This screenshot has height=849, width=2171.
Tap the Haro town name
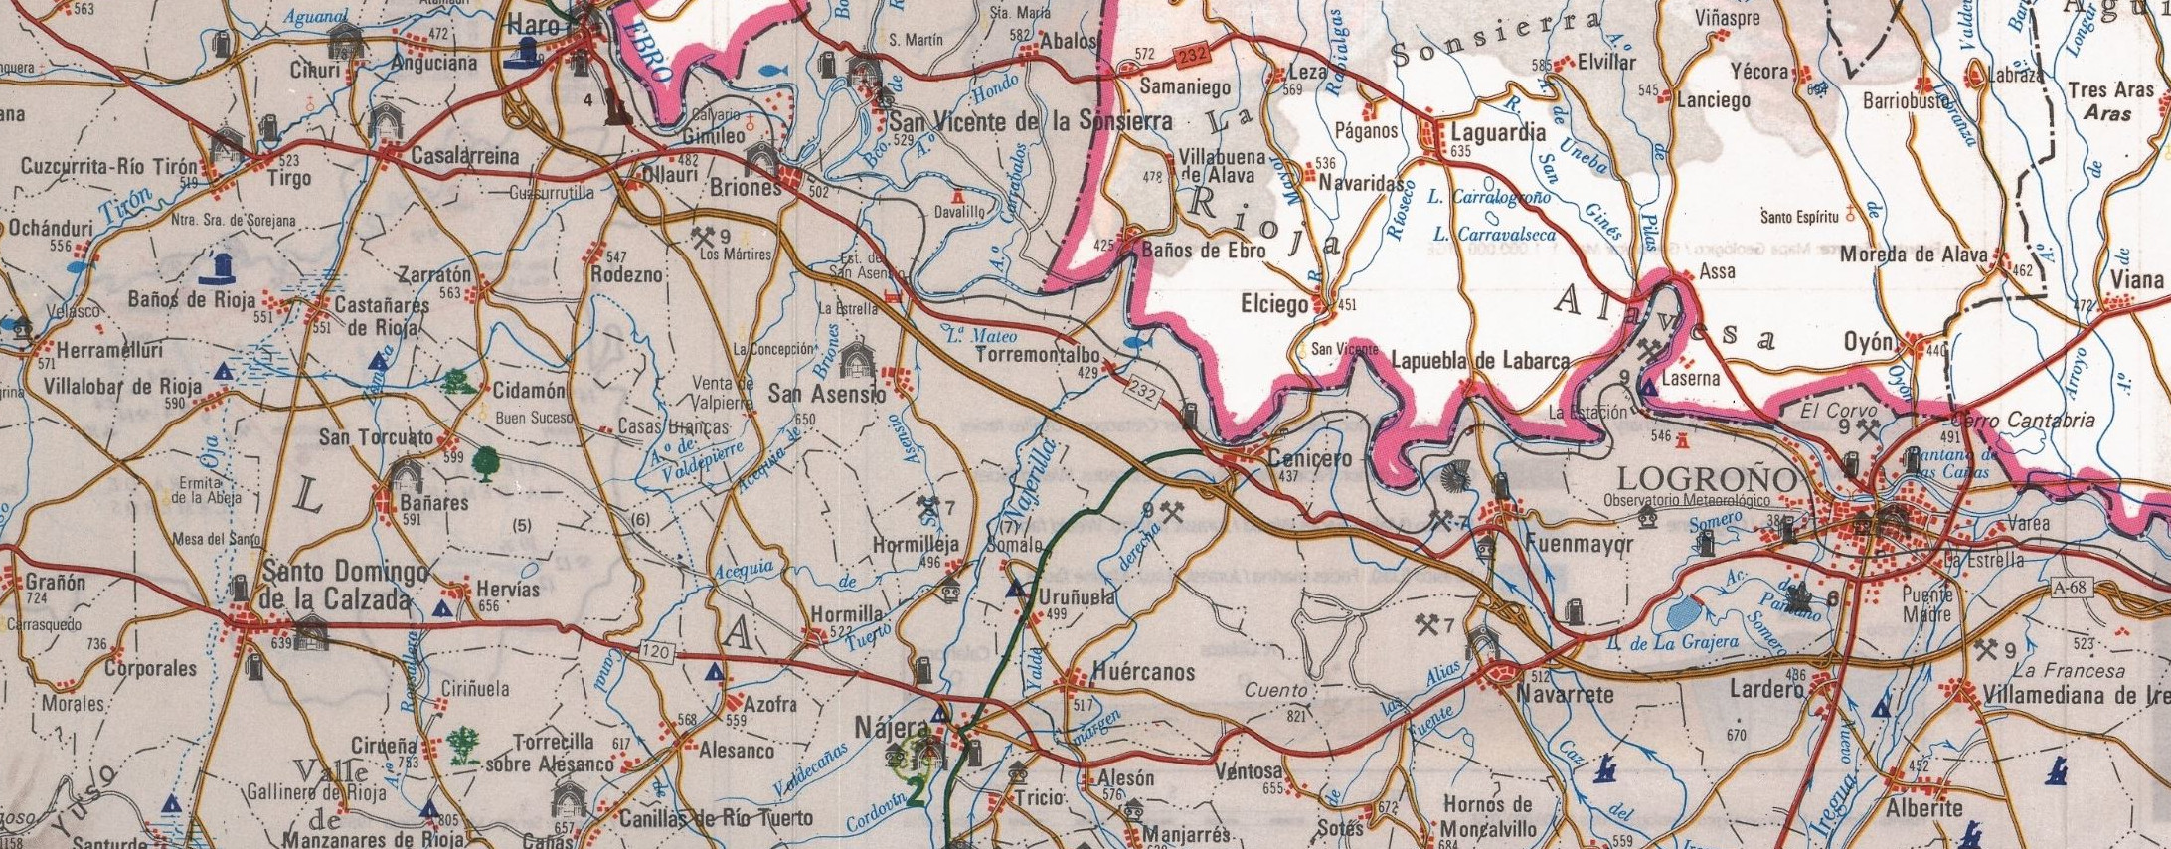535,25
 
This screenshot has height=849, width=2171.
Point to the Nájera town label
891,727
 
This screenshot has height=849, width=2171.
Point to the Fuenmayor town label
1572,545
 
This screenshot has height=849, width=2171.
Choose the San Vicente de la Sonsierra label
1030,122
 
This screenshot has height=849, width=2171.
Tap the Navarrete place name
1565,695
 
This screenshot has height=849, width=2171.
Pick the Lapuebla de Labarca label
1479,361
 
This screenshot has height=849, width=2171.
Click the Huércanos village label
1142,672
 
